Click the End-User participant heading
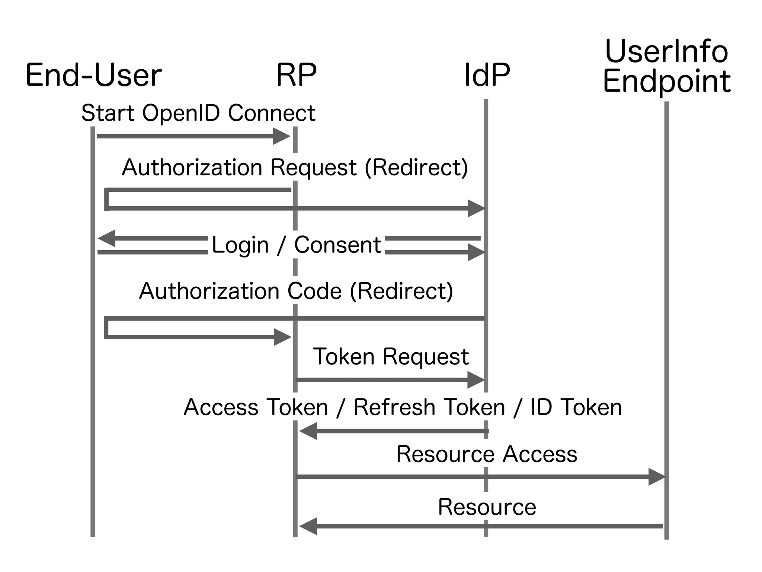[93, 76]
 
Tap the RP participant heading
[296, 76]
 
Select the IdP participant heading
[487, 76]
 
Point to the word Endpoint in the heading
[666, 82]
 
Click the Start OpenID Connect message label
[198, 113]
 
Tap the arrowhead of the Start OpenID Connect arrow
[282, 136]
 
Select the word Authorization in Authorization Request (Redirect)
[193, 167]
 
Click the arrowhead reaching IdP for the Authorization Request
[477, 208]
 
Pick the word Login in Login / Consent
[240, 245]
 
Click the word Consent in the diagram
[337, 245]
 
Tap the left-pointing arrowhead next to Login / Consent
[106, 238]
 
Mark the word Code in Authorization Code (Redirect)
[314, 291]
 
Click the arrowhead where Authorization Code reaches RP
[282, 337]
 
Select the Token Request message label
[391, 357]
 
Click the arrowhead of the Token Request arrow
[476, 380]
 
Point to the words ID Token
[576, 407]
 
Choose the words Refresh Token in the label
[429, 407]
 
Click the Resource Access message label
[487, 454]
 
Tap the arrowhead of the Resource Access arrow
[657, 477]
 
